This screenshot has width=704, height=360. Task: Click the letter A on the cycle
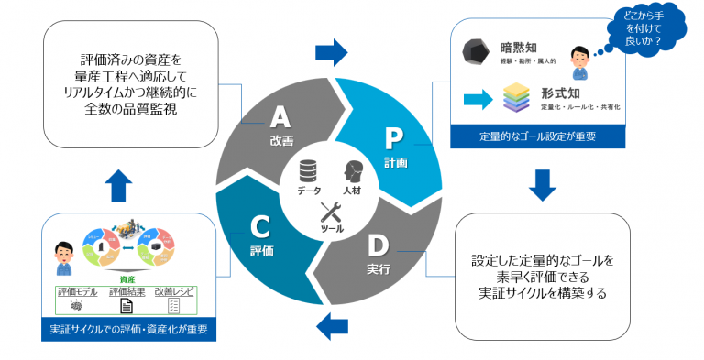(x=280, y=117)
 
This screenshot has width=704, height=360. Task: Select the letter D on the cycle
(x=376, y=245)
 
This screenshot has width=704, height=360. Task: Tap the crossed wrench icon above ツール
(x=331, y=213)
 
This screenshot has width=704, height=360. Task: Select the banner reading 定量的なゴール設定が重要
(x=539, y=138)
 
